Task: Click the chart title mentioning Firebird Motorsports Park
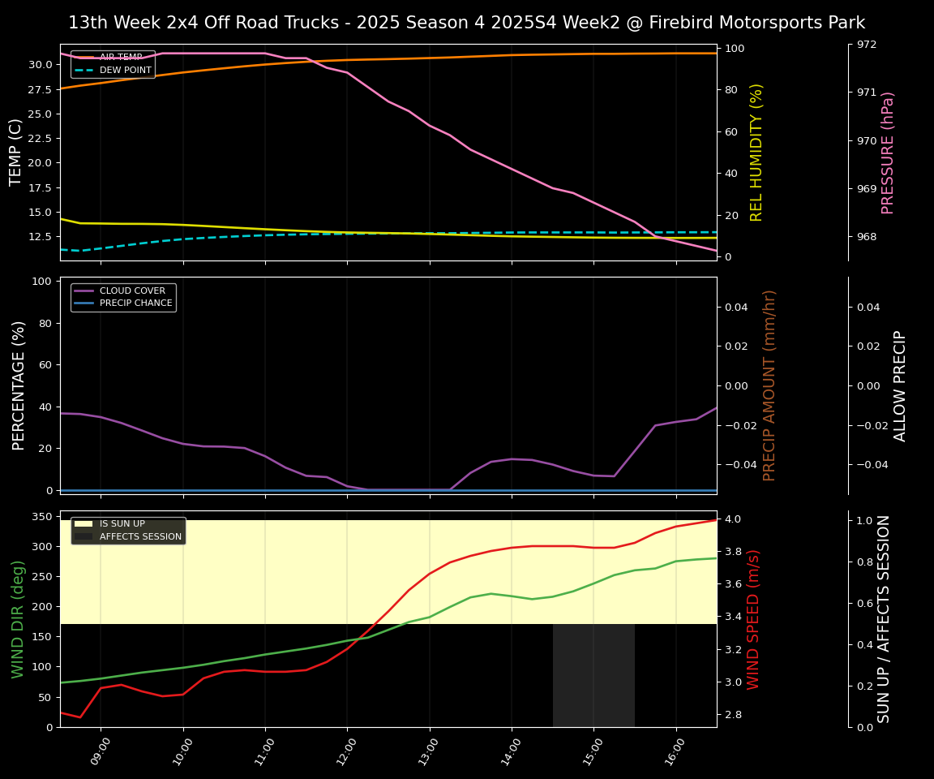coord(466,23)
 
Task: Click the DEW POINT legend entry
coord(125,71)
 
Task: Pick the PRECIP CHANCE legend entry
coord(135,303)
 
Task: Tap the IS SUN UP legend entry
coord(122,524)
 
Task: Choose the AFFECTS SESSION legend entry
coord(140,536)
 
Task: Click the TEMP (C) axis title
coord(16,152)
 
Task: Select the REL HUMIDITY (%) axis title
coord(757,152)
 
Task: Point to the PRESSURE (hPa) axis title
coord(888,152)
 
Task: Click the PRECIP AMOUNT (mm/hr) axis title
coord(770,385)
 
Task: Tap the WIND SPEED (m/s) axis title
coord(754,618)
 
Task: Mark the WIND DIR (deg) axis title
coord(18,618)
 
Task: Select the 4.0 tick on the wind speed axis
coord(732,519)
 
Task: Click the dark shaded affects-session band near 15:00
coord(593,674)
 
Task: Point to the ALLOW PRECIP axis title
coord(900,385)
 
